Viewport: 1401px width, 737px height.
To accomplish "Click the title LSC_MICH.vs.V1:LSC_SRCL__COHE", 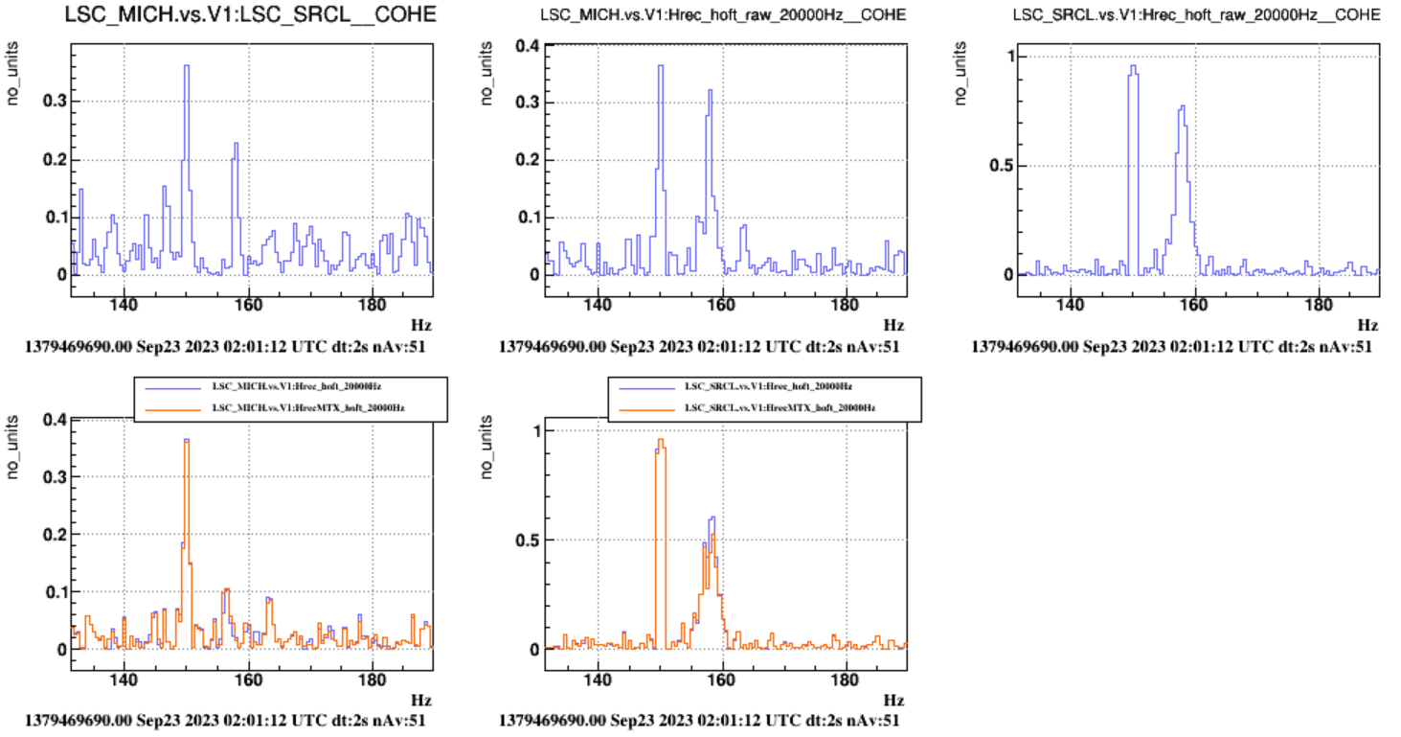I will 249,14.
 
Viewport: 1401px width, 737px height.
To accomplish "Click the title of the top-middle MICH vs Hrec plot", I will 722,15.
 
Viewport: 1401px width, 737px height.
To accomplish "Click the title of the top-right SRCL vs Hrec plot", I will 1202,15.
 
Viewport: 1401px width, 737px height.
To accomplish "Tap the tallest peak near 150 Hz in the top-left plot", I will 187,67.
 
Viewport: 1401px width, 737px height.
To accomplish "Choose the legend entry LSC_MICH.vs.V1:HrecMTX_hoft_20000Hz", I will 306,407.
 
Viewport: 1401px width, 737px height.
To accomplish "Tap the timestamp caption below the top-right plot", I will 1171,346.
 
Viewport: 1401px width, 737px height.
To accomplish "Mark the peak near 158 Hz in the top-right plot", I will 1183,107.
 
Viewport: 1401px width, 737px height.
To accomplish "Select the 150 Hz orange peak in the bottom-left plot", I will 187,442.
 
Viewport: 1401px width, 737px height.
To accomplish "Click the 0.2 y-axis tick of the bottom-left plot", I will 53,534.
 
